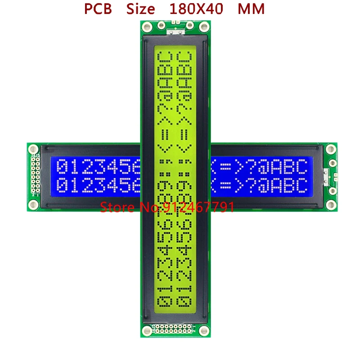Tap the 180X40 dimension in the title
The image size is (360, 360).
[x=196, y=9]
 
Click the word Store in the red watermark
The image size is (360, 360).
[x=116, y=207]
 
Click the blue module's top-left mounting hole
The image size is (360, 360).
[x=33, y=148]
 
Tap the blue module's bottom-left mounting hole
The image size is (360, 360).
[x=33, y=205]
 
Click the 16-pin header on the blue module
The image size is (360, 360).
[x=35, y=176]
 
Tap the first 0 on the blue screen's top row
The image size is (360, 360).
[x=63, y=167]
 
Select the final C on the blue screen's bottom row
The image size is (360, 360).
[x=301, y=185]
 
